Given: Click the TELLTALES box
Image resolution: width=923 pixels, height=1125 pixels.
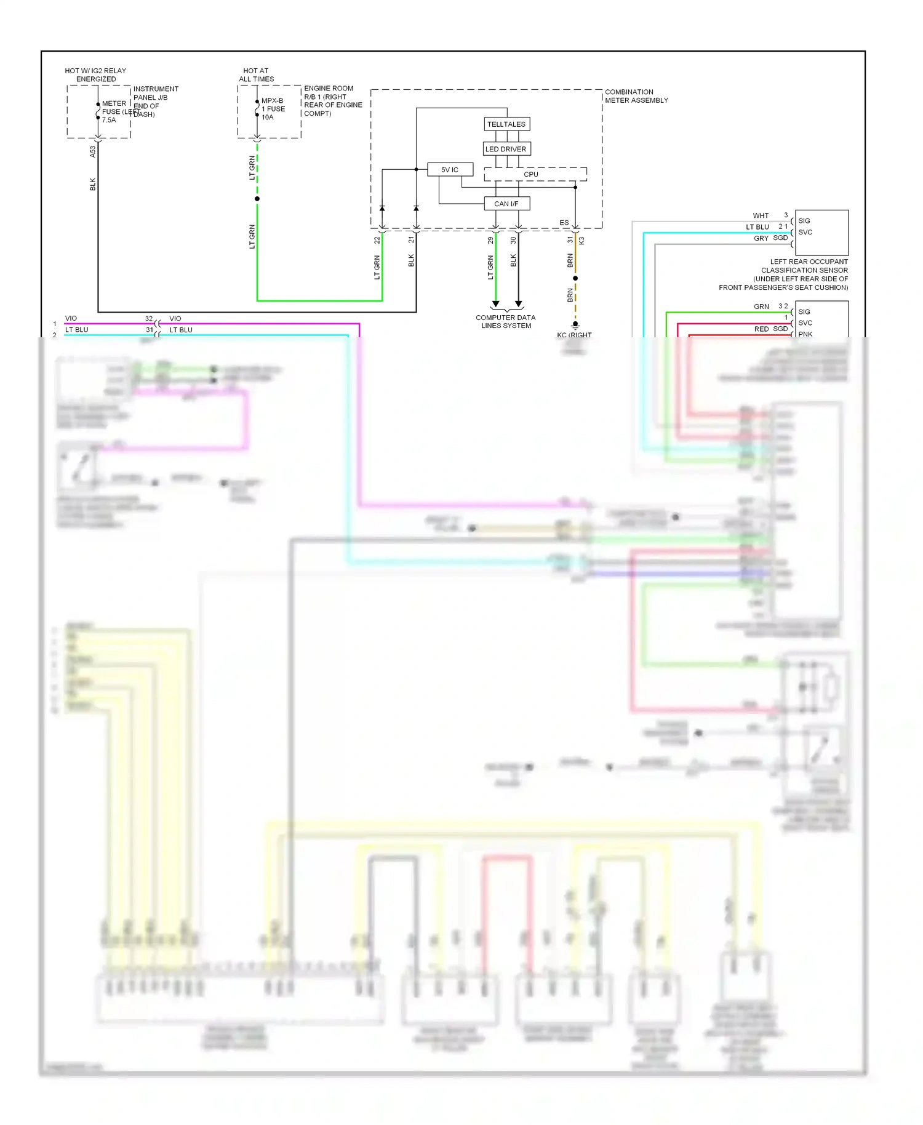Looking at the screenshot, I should point(506,124).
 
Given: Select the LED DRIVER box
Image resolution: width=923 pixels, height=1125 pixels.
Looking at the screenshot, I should point(506,149).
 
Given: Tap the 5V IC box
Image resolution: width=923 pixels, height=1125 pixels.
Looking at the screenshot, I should point(450,169).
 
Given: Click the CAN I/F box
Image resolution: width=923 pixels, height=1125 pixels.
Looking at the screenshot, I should point(506,204).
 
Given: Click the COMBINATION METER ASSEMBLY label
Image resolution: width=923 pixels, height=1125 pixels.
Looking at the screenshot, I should point(636,96).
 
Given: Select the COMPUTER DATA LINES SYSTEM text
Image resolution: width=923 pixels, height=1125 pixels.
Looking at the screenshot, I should point(505,322).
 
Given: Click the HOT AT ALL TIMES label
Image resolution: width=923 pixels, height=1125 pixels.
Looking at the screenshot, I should point(256,75).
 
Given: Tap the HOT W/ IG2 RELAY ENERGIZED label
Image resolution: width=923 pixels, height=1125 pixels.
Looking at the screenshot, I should point(95,75).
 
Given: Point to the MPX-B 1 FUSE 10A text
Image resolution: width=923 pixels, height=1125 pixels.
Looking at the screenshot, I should point(273,109).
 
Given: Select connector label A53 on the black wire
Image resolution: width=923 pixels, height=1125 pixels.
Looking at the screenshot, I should point(93,151).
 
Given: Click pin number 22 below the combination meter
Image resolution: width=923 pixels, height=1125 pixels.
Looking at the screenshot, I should point(377,241).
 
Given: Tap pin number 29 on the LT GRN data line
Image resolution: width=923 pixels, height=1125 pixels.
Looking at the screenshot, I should point(490,241).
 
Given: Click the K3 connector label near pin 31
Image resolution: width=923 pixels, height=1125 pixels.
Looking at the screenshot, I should point(581,241).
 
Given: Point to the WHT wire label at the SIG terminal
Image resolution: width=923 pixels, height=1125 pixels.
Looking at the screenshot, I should point(761,215).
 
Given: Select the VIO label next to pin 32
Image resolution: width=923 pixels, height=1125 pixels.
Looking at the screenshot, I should point(175,318).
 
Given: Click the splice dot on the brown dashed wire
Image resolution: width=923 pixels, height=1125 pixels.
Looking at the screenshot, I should point(575,278).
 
